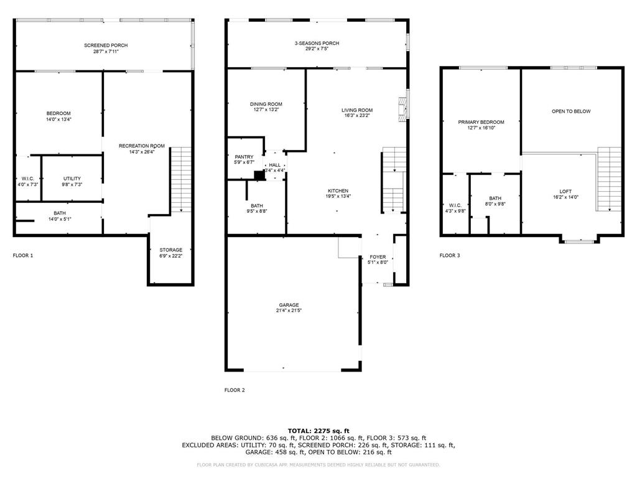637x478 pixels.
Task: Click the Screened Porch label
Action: click(x=106, y=45)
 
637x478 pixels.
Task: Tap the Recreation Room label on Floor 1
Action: click(x=142, y=146)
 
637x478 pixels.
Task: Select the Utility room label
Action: click(x=72, y=179)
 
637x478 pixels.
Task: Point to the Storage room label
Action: click(x=170, y=250)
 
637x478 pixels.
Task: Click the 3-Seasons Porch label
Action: click(x=317, y=43)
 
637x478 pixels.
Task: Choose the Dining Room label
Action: click(x=266, y=104)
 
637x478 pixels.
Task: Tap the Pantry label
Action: click(x=244, y=157)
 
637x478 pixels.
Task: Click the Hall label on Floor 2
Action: click(x=274, y=165)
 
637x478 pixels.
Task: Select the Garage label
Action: click(x=289, y=305)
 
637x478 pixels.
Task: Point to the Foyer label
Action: click(x=378, y=257)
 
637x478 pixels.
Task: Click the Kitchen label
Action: click(x=338, y=190)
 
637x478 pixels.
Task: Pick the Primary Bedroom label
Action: click(x=481, y=122)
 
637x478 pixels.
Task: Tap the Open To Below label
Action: click(x=571, y=111)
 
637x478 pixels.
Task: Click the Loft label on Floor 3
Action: click(x=565, y=192)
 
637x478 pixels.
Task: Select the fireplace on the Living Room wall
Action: click(x=402, y=109)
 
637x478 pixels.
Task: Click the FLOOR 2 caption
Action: click(x=235, y=390)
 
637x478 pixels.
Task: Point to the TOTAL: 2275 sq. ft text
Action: click(x=318, y=431)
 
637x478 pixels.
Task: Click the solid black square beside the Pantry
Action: click(x=259, y=175)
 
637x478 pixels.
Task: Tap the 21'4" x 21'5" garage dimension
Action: click(x=289, y=311)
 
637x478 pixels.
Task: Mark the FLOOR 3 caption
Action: click(x=450, y=256)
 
